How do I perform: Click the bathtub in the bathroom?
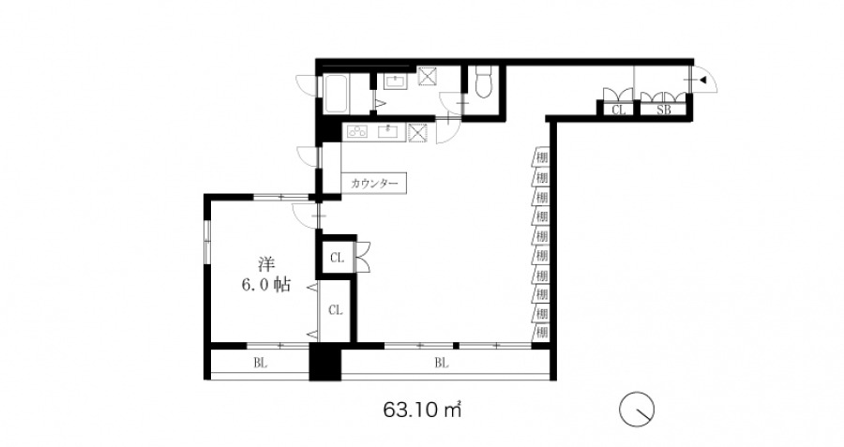336,94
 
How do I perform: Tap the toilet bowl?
484,82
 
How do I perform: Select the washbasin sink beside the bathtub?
396,82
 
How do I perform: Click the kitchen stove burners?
357,131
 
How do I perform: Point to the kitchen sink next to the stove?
387,131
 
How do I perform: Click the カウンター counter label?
374,184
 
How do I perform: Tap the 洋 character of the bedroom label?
266,264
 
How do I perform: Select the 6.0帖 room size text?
266,285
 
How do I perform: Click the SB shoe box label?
664,110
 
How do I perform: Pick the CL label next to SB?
619,110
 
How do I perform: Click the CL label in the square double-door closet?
337,259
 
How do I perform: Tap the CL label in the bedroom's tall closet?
336,310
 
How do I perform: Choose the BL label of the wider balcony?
442,364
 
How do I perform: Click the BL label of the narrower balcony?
261,364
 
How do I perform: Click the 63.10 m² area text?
423,410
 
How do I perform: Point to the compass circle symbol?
636,410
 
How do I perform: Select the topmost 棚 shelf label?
541,157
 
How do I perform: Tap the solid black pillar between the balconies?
325,362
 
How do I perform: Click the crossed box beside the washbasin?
428,77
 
